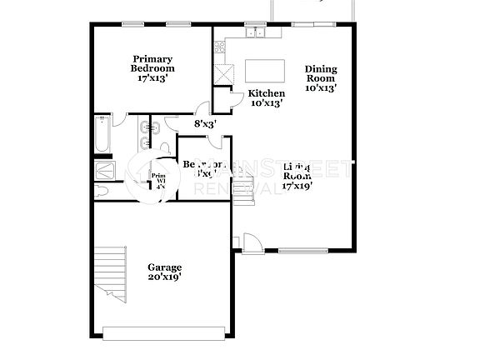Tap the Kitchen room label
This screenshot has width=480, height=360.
pyautogui.click(x=267, y=93)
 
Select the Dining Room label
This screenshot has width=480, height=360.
pyautogui.click(x=320, y=74)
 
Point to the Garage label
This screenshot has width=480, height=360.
pyautogui.click(x=164, y=267)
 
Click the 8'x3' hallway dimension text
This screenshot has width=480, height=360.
pyautogui.click(x=206, y=124)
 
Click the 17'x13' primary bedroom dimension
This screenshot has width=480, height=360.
pyautogui.click(x=152, y=79)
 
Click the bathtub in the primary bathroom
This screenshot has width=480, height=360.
pyautogui.click(x=101, y=136)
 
